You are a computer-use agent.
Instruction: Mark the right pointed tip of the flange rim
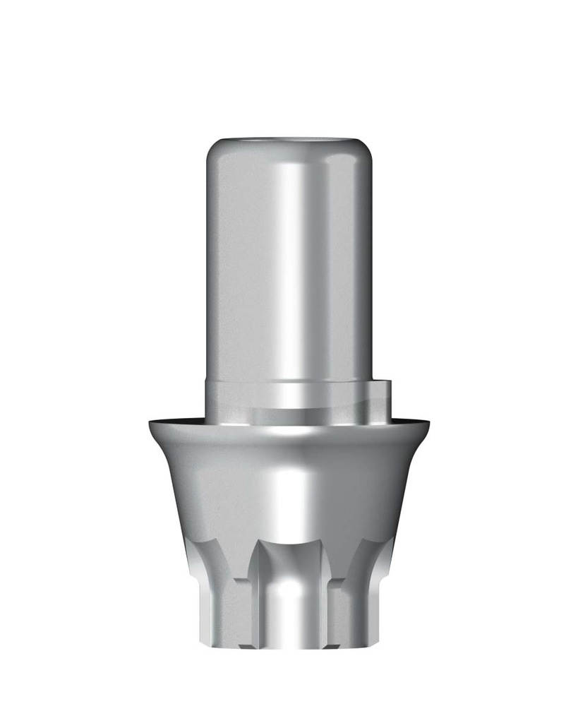(x=428, y=423)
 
